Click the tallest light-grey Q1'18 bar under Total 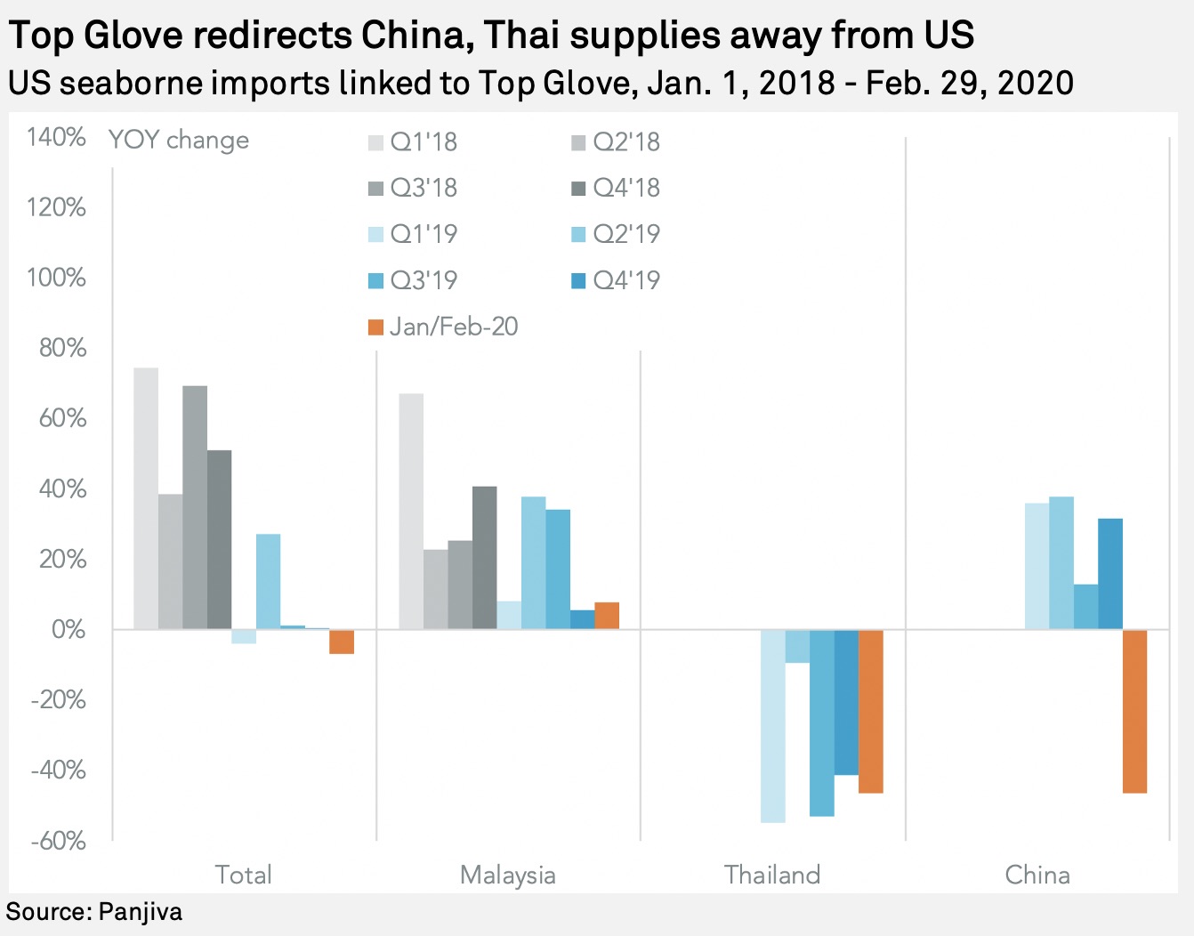[146, 498]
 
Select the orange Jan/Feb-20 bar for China [1134, 711]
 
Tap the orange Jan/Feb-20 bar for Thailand [870, 711]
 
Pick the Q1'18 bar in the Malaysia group [411, 512]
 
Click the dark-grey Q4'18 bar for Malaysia [484, 558]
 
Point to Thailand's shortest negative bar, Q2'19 [797, 646]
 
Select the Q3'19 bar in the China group [1085, 607]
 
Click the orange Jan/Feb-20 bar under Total [342, 641]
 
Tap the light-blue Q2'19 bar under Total [268, 582]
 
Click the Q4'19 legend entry [617, 280]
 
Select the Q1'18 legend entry [414, 141]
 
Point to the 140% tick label [56, 137]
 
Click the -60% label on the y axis [58, 840]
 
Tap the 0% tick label [69, 629]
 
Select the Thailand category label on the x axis [772, 875]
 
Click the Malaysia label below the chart [508, 875]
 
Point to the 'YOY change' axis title [179, 140]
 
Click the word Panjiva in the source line [140, 911]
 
